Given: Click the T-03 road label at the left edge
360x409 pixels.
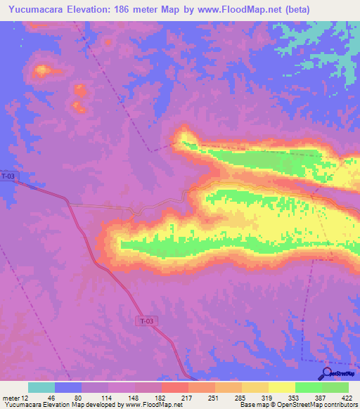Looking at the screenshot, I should pos(8,176).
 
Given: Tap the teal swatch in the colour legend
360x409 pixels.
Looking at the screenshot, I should pos(41,387).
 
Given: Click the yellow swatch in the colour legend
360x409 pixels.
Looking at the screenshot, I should pos(282,387).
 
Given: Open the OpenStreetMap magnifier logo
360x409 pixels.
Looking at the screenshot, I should pos(328,372).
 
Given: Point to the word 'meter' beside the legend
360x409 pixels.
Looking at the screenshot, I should pos(10,397).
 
